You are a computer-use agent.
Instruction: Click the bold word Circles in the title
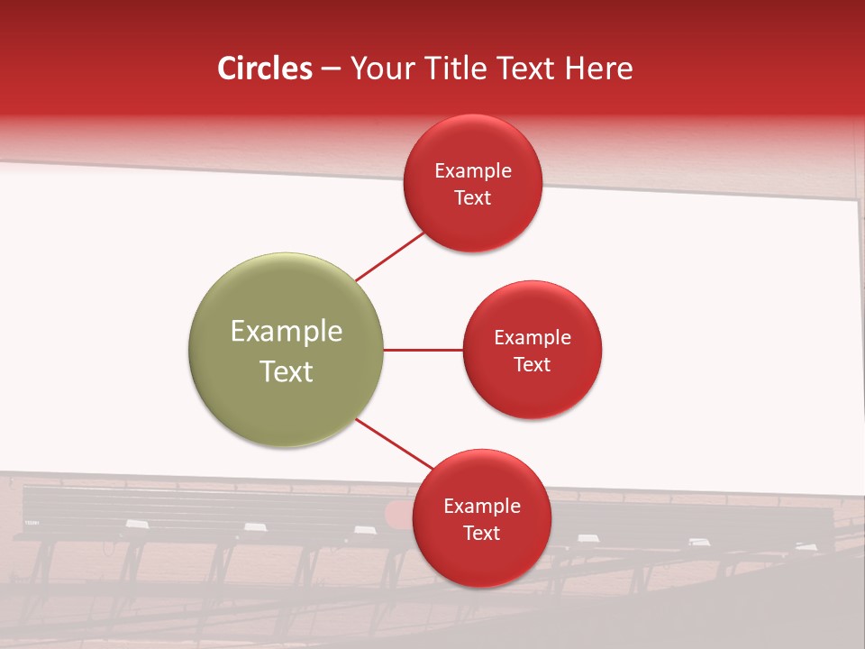264,69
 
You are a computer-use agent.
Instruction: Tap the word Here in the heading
599,69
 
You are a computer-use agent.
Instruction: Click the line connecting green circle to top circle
389,257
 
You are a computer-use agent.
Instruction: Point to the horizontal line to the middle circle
423,350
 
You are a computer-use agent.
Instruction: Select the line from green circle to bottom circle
394,443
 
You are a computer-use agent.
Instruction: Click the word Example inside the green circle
287,332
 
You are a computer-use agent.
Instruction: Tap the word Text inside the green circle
287,371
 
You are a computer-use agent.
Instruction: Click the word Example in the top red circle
473,171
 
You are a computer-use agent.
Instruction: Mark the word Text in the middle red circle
532,365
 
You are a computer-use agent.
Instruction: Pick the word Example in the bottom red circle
482,507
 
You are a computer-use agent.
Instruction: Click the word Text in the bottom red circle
481,534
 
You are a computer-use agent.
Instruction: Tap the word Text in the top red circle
472,198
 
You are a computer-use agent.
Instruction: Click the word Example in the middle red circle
533,338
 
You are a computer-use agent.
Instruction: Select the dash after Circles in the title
331,69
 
